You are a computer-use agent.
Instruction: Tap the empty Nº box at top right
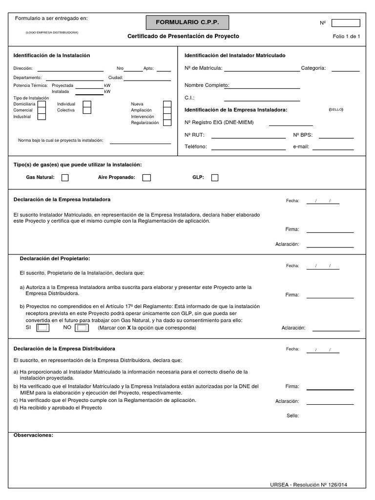[x=346, y=23]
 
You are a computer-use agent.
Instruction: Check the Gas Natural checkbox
[x=65, y=178]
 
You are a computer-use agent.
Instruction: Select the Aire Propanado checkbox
[x=146, y=178]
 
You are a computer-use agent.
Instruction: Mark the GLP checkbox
[x=214, y=178]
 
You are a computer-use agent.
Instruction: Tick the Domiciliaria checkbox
[x=42, y=104]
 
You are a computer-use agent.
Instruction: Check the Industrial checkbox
[x=42, y=117]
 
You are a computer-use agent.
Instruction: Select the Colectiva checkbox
[x=87, y=110]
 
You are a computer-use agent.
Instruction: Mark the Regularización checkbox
[x=167, y=123]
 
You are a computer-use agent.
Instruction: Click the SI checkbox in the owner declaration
[x=43, y=328]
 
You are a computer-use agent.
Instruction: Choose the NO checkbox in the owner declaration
[x=82, y=328]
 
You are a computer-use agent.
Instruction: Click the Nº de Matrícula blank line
[x=262, y=71]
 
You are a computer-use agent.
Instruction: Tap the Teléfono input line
[x=249, y=149]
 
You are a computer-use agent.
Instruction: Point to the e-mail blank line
[x=333, y=149]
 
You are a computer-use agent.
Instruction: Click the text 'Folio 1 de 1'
[x=346, y=37]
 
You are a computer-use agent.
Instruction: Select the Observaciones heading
[x=33, y=435]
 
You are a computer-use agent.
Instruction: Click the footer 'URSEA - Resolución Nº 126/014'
[x=309, y=484]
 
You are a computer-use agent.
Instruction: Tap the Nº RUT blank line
[x=249, y=138]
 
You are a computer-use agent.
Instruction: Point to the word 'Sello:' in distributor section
[x=292, y=416]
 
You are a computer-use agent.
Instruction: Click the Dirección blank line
[x=70, y=71]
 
